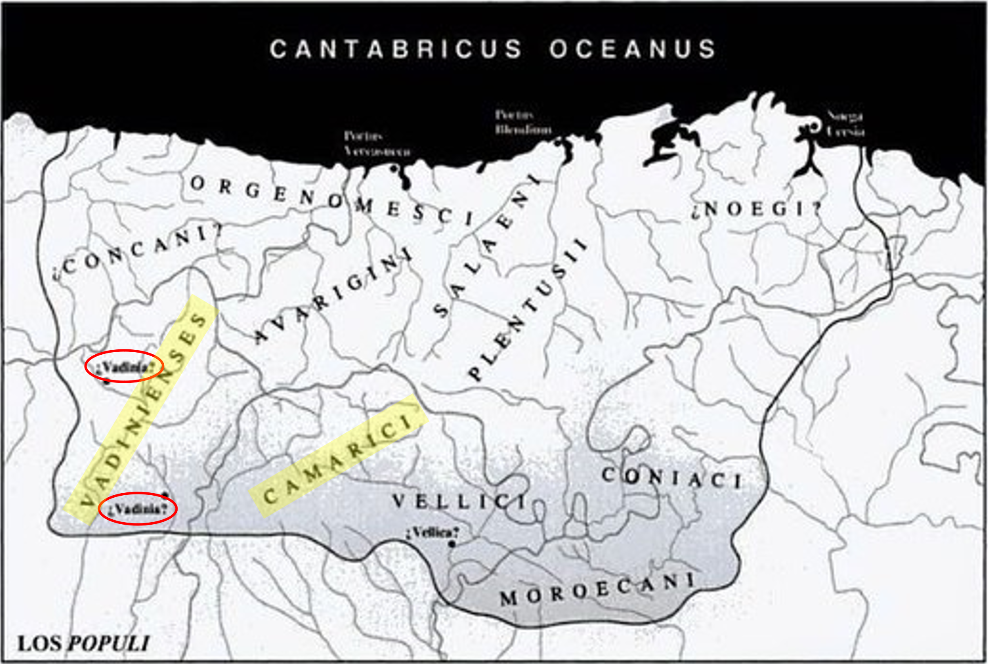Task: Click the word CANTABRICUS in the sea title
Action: tap(396, 49)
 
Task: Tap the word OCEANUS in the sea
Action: tap(632, 49)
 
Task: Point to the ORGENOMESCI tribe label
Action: tap(332, 201)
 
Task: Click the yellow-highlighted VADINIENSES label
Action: tap(142, 409)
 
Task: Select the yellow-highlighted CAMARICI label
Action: tap(338, 457)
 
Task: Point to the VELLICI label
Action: tap(459, 502)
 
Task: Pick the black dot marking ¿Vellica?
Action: tap(452, 544)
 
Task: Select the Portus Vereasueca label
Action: tap(376, 144)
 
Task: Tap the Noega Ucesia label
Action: tap(846, 123)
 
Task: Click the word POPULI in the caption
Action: tap(109, 643)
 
